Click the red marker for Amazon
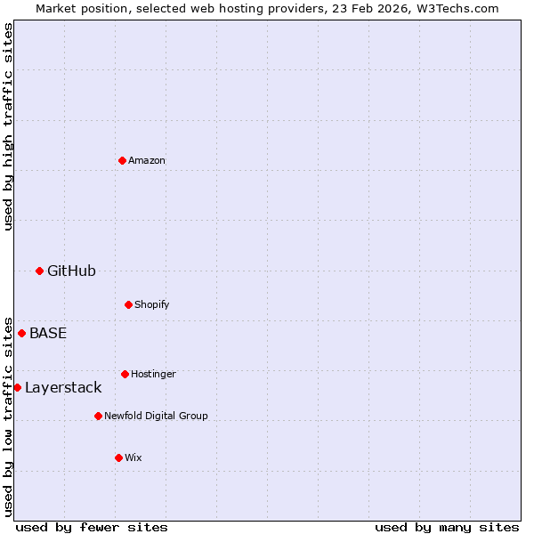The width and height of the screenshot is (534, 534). coord(122,160)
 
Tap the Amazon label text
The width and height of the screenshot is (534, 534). coord(147,161)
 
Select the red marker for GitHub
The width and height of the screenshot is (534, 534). coord(39,271)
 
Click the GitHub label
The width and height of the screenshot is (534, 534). coord(71,271)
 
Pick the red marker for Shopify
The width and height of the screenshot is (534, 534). coord(128,304)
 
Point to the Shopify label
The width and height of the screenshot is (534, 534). coord(152,305)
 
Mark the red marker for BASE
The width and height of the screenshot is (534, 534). coord(21,333)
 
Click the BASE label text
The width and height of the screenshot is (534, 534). coord(48,334)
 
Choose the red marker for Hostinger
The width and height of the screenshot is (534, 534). coord(125,374)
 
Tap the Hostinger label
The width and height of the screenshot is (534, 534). coord(153,375)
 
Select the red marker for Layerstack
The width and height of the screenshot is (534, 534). coord(17,387)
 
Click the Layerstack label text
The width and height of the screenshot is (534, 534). coord(63,388)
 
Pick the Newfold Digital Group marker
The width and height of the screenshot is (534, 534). coord(98,416)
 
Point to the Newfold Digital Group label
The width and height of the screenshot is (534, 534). coord(156,417)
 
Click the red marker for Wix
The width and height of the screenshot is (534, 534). coord(118,457)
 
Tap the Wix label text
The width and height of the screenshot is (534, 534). coord(133,458)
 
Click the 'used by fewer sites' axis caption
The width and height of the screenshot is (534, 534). coord(92,528)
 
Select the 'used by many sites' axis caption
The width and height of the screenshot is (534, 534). coord(447,528)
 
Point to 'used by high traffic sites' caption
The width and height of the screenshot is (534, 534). coord(8,126)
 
